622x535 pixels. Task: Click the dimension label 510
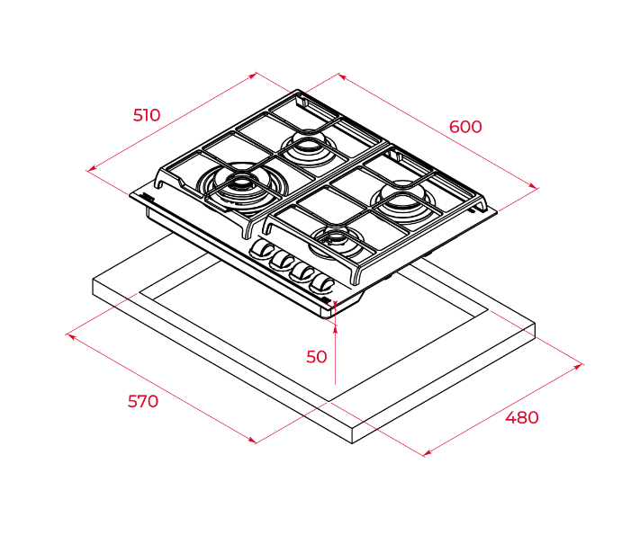point(147,115)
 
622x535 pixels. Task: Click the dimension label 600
point(465,127)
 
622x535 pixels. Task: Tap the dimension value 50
point(317,357)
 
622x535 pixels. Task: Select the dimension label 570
point(143,401)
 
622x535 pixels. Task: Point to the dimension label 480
point(522,418)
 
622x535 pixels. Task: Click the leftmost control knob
point(261,249)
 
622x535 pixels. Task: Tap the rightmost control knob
point(323,283)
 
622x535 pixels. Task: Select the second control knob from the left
point(281,261)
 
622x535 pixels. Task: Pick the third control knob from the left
point(302,272)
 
